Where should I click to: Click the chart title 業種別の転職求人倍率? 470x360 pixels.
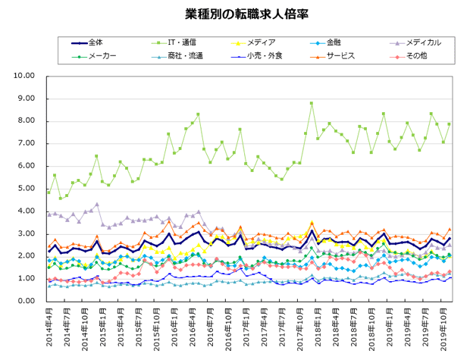235,14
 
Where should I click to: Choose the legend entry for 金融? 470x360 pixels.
334,42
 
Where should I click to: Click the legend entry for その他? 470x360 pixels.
416,56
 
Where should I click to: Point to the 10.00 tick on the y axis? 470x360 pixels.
26,76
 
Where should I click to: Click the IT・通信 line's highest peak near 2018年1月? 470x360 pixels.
312,103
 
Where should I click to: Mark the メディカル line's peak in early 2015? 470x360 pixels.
97,205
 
